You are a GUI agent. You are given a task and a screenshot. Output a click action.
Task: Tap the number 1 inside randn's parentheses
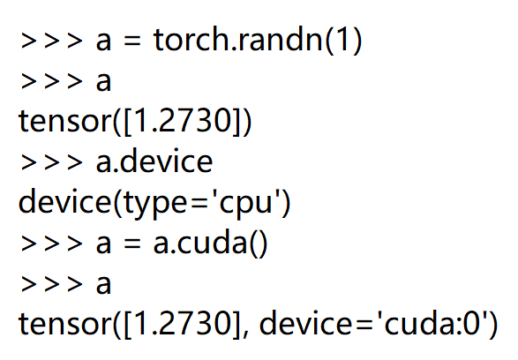click(x=341, y=41)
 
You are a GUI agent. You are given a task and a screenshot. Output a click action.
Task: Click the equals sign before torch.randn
click(x=132, y=42)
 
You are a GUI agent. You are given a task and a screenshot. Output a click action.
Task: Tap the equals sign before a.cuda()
click(x=132, y=245)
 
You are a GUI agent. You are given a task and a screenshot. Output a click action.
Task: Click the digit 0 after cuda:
click(x=474, y=325)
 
